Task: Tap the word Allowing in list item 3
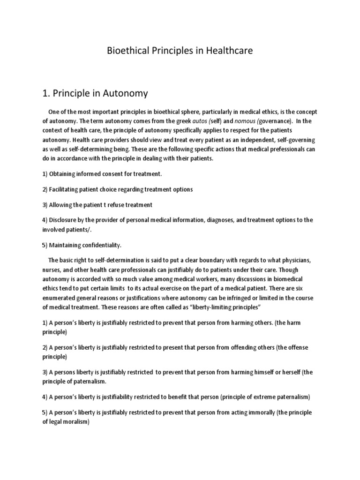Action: pos(61,205)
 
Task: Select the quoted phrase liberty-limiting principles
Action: pos(220,307)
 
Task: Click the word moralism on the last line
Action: pos(75,421)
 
